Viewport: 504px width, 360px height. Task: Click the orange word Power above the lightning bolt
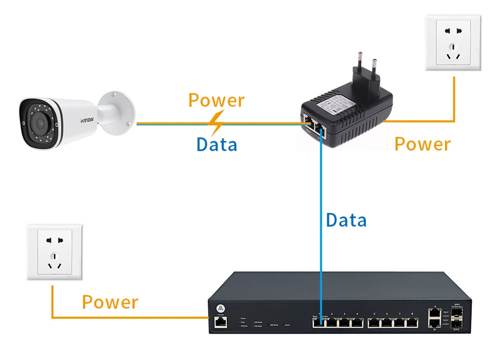(x=216, y=100)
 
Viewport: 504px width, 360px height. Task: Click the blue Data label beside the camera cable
(x=217, y=144)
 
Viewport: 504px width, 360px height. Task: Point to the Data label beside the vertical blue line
(x=346, y=220)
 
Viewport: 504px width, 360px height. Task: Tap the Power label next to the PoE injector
(x=422, y=144)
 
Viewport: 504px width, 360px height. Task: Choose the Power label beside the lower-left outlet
(x=110, y=302)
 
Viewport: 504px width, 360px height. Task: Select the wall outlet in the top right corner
(x=453, y=43)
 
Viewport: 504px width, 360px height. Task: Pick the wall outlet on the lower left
(x=54, y=252)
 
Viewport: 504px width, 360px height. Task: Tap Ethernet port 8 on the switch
(x=411, y=323)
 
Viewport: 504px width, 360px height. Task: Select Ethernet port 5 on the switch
(x=373, y=323)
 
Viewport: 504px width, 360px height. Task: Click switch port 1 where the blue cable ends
(x=319, y=323)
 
